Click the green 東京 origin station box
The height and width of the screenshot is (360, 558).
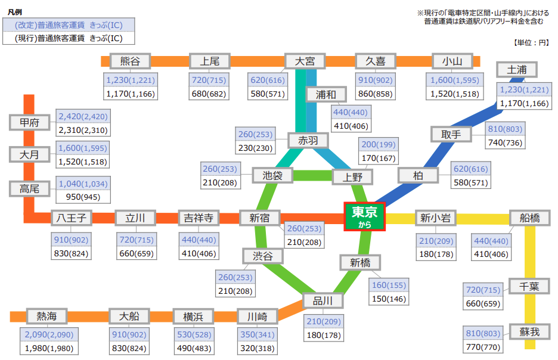[x=365, y=216]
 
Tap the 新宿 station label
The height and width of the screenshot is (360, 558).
[x=255, y=218]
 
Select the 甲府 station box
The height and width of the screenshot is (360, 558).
[x=29, y=123]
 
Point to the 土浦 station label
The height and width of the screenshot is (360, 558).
[x=516, y=70]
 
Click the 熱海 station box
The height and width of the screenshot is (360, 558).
[x=47, y=316]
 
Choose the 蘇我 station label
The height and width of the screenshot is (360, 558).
[x=528, y=331]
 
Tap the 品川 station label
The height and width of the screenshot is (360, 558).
[x=323, y=300]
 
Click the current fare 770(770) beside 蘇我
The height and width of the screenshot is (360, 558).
[x=482, y=346]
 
